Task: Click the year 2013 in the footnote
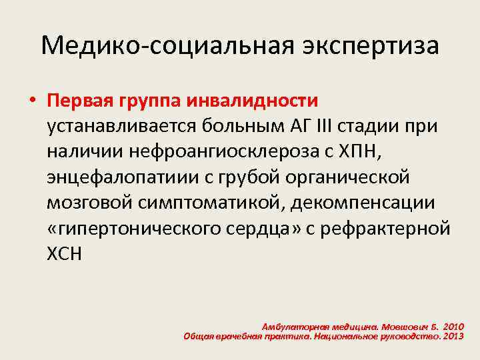click(452, 337)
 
